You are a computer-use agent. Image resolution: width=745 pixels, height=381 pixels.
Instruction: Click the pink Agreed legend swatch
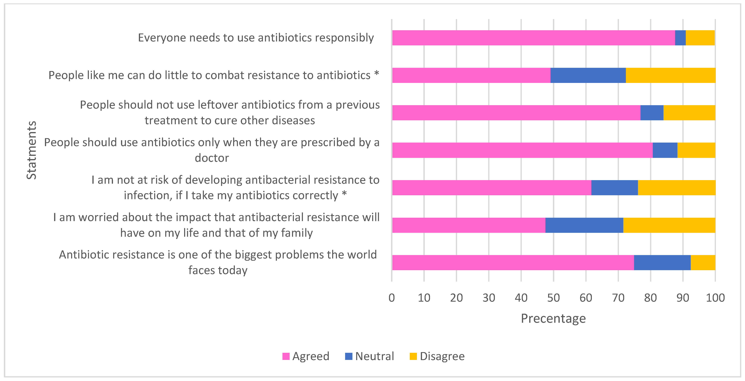286,356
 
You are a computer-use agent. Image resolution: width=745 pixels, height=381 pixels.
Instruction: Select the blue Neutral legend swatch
349,356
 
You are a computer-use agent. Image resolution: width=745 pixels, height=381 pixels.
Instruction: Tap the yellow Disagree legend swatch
413,356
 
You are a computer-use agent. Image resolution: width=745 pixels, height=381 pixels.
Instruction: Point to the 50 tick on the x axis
553,298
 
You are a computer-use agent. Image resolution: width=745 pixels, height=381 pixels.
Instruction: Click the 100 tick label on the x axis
715,298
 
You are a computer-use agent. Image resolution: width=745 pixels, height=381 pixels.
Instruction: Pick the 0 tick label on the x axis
392,298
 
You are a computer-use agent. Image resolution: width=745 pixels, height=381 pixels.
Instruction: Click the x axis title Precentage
553,318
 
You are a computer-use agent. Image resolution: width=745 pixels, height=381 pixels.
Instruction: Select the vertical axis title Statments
31,150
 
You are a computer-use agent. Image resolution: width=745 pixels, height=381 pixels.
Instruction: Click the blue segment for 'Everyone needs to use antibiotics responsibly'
680,38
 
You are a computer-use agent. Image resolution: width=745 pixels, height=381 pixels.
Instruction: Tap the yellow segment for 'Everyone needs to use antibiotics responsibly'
700,38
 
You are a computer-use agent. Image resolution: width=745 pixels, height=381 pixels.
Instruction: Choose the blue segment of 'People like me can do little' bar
588,75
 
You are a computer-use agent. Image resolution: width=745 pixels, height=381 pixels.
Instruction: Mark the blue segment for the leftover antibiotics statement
652,113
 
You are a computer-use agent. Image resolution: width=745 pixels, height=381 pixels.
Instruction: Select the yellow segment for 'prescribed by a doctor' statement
696,150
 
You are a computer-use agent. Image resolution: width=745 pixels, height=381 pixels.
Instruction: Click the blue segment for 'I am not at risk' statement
615,188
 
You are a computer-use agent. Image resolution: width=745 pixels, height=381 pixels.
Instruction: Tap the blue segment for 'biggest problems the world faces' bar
662,263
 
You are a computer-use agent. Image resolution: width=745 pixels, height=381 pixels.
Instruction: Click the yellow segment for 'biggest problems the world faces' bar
703,263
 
